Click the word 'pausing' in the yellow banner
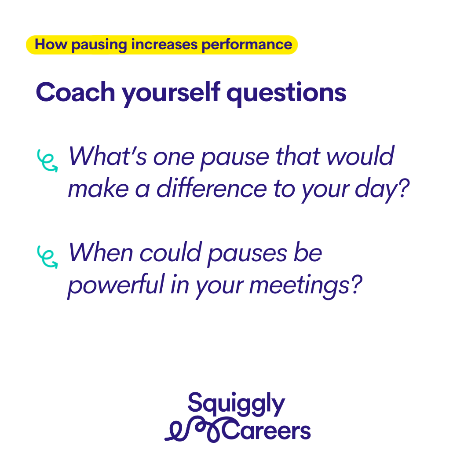click(99, 45)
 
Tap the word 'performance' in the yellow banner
click(247, 45)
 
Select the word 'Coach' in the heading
click(76, 92)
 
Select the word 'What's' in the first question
click(108, 156)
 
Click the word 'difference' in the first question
click(212, 188)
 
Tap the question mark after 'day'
click(403, 188)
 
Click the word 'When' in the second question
click(101, 252)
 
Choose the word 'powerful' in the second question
click(116, 285)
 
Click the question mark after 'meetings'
click(356, 284)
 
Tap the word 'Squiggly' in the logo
click(236, 404)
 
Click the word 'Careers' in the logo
click(266, 431)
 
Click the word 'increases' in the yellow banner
click(164, 45)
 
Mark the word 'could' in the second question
click(170, 252)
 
